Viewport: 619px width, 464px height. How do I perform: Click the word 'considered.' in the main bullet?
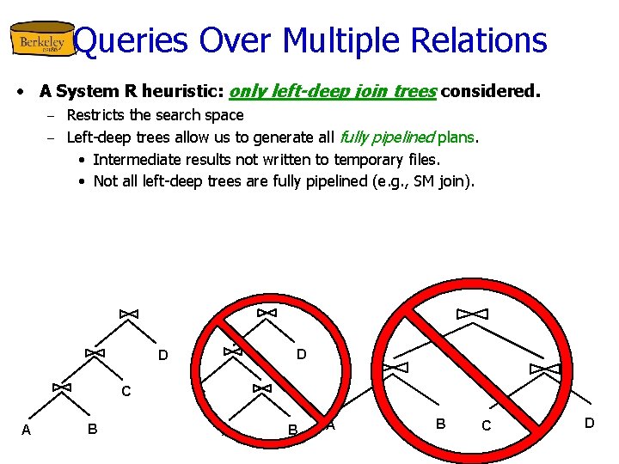click(x=491, y=90)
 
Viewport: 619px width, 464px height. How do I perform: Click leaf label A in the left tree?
click(x=26, y=430)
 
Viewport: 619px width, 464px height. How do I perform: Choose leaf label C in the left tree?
click(x=126, y=392)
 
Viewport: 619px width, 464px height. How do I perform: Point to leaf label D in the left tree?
click(x=162, y=356)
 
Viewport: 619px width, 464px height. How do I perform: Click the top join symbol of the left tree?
click(x=128, y=314)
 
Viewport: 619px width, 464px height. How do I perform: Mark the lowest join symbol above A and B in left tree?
click(x=61, y=388)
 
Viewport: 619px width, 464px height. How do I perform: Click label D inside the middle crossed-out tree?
click(x=301, y=354)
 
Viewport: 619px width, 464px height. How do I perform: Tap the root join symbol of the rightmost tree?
click(x=472, y=313)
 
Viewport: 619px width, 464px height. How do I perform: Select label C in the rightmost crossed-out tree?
click(x=487, y=426)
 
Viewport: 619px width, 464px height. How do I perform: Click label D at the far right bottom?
click(x=589, y=423)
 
